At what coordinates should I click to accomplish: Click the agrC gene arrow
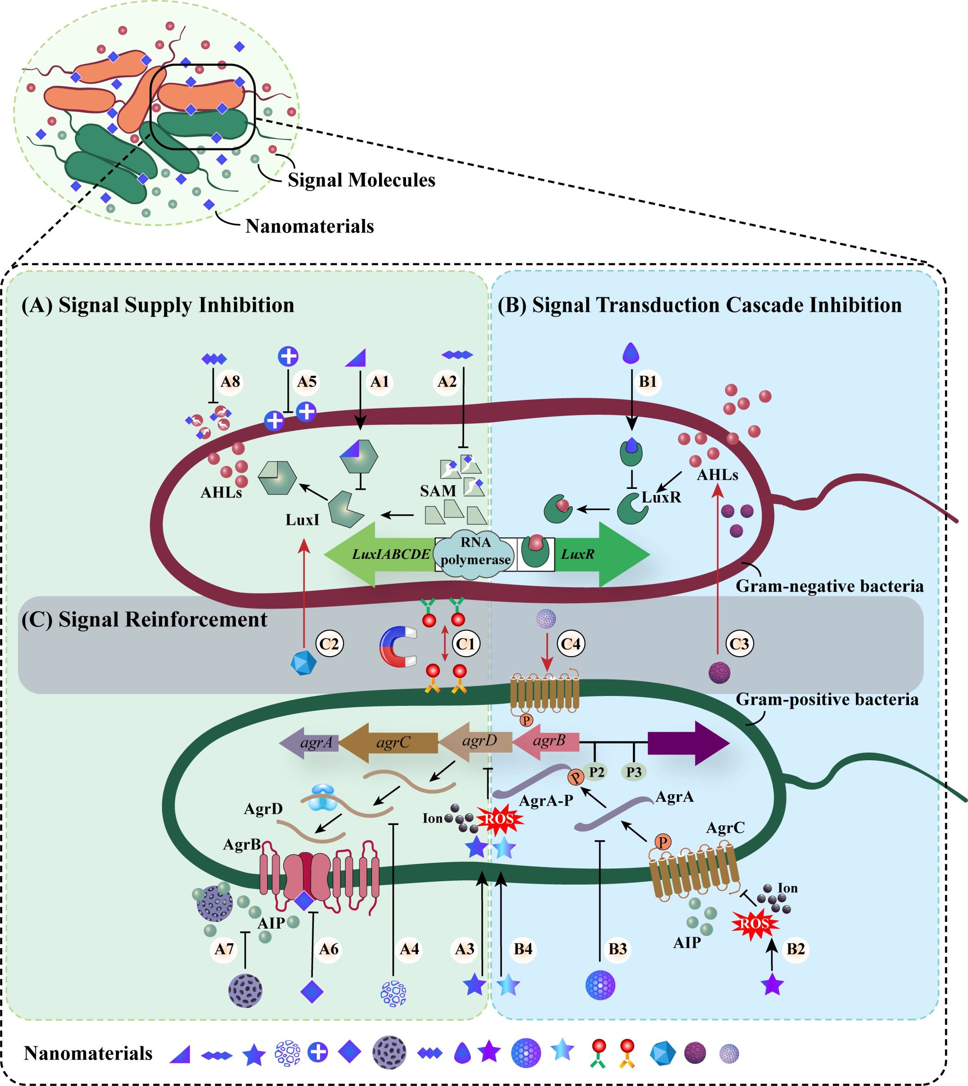389,743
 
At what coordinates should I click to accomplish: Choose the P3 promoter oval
633,772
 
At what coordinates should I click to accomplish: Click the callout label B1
647,382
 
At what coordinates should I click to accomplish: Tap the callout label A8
230,382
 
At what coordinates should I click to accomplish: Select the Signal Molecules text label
362,180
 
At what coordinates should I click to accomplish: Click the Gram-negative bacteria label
830,586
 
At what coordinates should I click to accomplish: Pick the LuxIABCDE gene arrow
380,555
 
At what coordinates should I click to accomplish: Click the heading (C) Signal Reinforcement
144,619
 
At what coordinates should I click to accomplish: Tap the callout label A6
328,949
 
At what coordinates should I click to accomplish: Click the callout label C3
739,644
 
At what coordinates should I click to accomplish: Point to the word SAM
438,491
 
